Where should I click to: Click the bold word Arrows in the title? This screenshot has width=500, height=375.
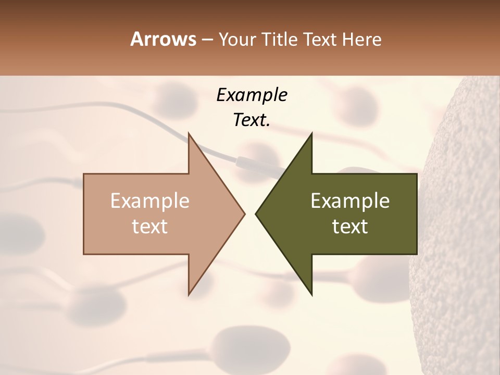point(164,40)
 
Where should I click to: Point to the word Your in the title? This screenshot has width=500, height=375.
point(238,40)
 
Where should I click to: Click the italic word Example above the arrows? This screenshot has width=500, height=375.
point(252,95)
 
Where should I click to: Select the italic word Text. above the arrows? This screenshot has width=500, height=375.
point(252,120)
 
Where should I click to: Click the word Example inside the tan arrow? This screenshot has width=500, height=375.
point(149,201)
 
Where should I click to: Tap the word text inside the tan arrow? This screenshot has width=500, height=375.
point(149,227)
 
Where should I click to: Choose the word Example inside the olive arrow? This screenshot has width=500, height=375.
point(350,201)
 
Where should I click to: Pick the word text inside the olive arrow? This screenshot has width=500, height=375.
point(350,227)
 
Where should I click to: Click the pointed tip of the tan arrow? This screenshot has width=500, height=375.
point(244,214)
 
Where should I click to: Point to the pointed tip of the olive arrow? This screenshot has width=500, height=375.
point(256,214)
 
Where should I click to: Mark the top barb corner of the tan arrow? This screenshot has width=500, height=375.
point(189,133)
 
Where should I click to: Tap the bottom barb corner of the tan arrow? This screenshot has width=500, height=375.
point(189,295)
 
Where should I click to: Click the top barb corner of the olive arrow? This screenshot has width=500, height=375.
point(311,133)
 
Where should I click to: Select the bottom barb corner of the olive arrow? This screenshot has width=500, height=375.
point(311,295)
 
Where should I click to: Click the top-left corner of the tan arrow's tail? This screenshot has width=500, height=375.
point(84,174)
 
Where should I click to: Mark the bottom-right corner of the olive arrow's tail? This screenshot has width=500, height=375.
point(417,254)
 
